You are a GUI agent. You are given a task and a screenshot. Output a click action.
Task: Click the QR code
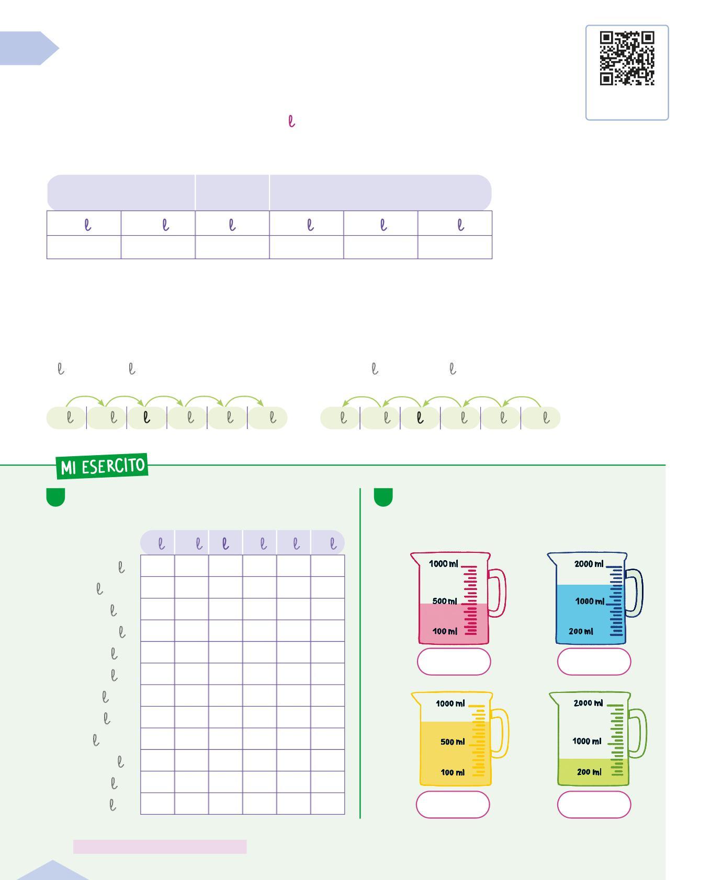tap(627, 58)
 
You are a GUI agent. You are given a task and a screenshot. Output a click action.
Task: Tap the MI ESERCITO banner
tap(103, 466)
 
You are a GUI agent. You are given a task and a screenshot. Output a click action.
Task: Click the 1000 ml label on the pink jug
tap(443, 564)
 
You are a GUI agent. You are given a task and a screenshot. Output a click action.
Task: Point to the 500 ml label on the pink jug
tap(445, 601)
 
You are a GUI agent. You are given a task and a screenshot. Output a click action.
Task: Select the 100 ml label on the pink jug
tap(445, 631)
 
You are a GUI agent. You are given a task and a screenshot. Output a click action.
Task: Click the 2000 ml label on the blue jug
tap(589, 564)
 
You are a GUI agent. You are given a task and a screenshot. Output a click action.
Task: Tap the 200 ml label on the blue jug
tap(581, 631)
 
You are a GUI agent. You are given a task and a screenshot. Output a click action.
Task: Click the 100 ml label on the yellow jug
tap(453, 772)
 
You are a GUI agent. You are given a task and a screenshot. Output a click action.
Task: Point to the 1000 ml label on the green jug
tap(586, 741)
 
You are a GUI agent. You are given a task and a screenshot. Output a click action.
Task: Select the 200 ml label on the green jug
tap(589, 772)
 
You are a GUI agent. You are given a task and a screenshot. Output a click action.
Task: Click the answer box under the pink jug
tap(454, 662)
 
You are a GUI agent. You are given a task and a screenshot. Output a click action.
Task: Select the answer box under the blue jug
tap(594, 662)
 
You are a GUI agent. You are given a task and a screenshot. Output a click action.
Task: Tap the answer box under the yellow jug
tap(453, 804)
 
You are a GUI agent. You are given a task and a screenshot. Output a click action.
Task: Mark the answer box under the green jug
tap(594, 804)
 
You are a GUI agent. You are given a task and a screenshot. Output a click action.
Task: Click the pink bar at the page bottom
tap(160, 847)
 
